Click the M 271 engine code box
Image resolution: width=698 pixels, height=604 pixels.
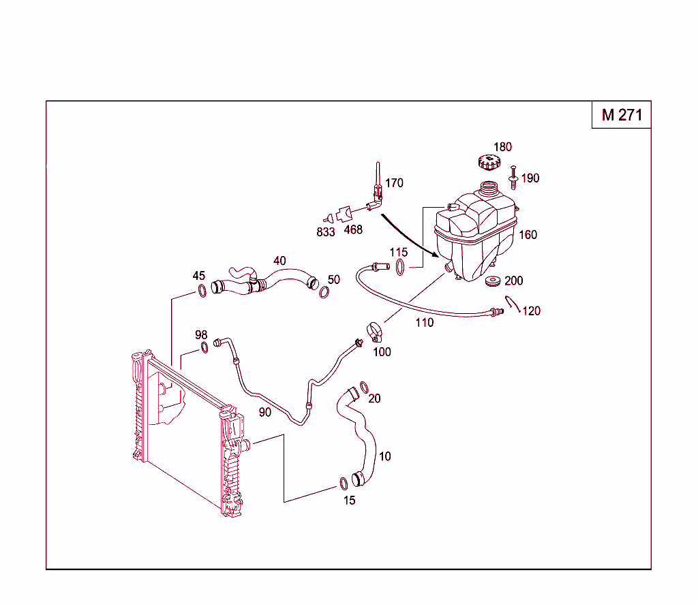point(621,115)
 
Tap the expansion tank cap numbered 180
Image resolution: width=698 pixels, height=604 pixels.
point(488,163)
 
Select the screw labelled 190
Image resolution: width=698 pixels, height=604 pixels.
point(513,176)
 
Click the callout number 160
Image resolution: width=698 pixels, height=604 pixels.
point(528,235)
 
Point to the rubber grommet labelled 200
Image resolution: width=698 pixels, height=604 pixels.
point(492,281)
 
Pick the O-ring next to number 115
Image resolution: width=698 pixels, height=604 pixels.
point(401,268)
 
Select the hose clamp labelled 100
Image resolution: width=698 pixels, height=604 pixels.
point(375,332)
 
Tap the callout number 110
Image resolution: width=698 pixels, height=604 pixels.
point(424,323)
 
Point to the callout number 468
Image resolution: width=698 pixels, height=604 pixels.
point(353,230)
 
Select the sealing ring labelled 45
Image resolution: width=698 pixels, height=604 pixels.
point(202,291)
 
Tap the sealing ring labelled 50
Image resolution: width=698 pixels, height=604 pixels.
point(324,293)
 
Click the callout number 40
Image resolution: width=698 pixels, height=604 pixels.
point(279,261)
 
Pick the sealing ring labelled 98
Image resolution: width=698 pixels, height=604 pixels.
point(204,349)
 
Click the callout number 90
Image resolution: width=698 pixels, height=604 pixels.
point(264,412)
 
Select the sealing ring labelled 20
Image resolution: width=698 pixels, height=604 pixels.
point(364,387)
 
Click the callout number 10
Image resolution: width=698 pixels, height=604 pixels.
point(385,456)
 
